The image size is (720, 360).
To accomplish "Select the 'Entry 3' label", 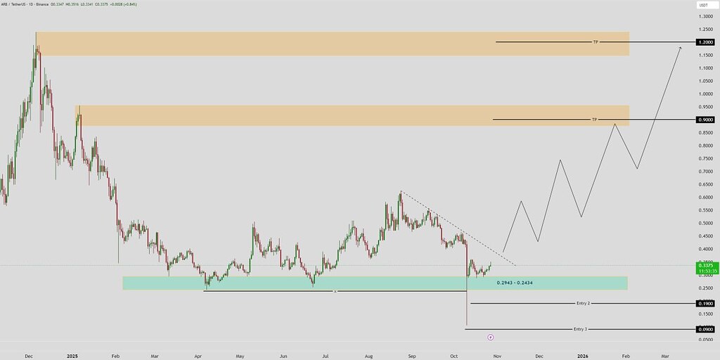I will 580,329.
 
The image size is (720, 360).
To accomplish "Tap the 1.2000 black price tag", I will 706,42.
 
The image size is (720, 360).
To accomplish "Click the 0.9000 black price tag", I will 706,120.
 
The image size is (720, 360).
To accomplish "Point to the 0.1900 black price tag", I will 706,304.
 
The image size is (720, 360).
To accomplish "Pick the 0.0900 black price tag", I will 706,329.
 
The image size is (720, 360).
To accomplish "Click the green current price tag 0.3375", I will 706,268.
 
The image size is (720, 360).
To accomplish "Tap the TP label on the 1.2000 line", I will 596,42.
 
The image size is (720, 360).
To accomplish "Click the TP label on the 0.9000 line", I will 594,120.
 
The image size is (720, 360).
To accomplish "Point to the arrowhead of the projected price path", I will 680,47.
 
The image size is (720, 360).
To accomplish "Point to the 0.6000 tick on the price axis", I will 705,198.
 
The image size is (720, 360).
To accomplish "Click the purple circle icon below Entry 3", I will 489,337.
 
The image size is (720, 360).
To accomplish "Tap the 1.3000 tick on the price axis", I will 705,16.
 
